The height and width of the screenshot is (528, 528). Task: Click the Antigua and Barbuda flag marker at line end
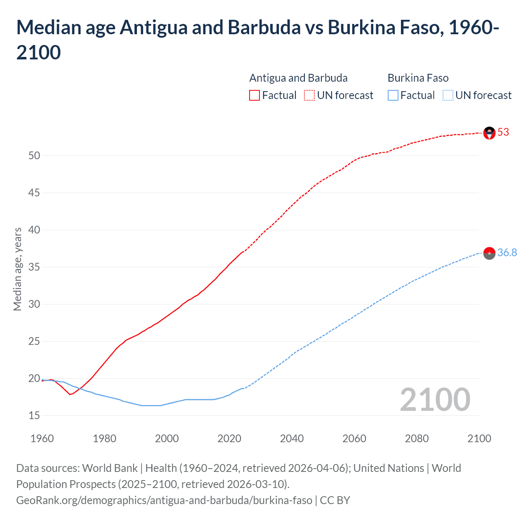pos(489,133)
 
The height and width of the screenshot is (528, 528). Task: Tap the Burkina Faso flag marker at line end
pos(489,253)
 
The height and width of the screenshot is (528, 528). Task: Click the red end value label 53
pos(503,132)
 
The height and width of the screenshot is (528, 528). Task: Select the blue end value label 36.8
pos(507,253)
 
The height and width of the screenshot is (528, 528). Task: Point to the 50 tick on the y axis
pos(34,156)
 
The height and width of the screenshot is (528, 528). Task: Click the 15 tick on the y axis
pos(34,416)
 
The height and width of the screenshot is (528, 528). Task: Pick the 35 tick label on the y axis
pos(34,267)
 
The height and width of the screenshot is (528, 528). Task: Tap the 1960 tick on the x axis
pos(42,438)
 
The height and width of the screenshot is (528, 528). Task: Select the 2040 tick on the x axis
pos(292,438)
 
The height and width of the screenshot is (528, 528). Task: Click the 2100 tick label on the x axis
pos(479,438)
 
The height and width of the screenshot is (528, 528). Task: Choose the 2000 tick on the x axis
pos(167,438)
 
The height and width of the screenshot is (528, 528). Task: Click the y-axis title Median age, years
pos(17,269)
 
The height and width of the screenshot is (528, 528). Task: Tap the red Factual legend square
pos(255,95)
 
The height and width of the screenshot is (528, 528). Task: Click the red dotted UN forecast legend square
pos(309,95)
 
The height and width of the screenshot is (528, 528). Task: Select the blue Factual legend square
pos(393,95)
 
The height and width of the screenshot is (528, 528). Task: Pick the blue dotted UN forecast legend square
pos(448,95)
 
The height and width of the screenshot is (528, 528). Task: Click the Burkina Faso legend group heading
pos(418,78)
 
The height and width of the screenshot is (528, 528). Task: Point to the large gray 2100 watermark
pos(435,400)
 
